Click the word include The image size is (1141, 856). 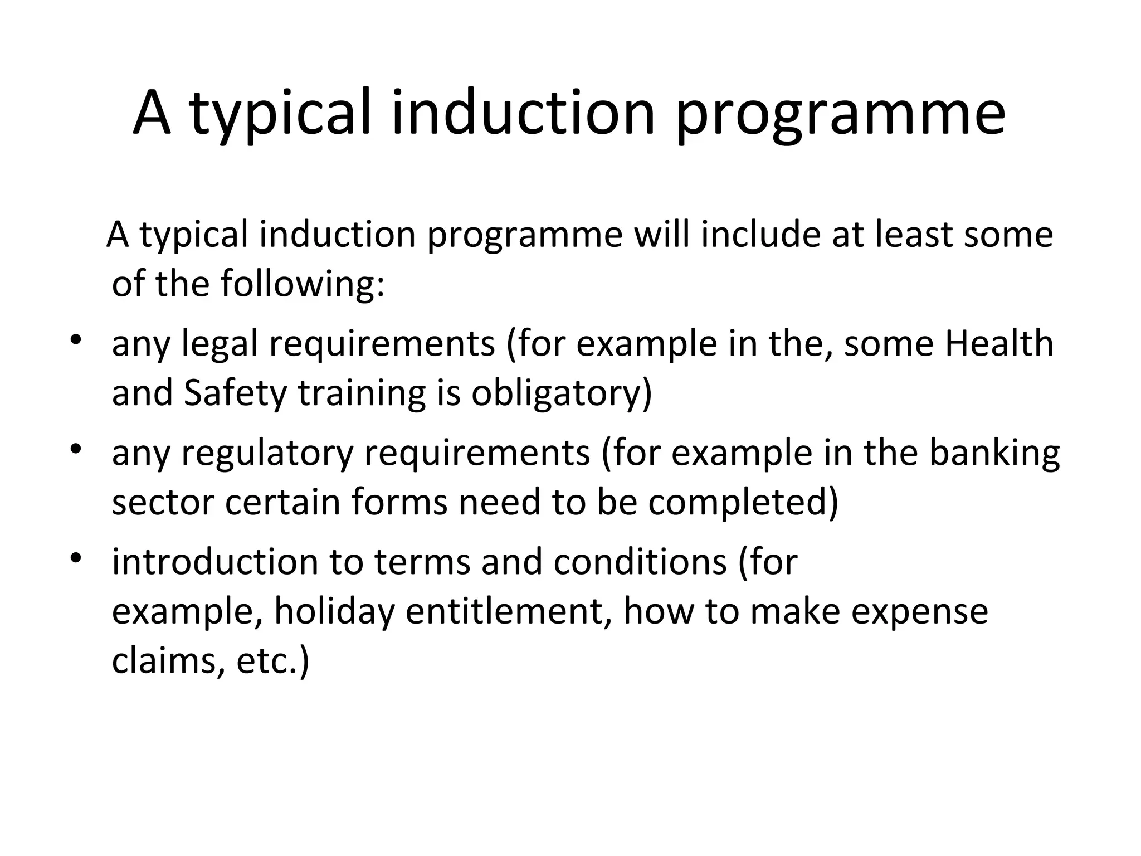(x=760, y=234)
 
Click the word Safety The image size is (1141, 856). (x=235, y=393)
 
